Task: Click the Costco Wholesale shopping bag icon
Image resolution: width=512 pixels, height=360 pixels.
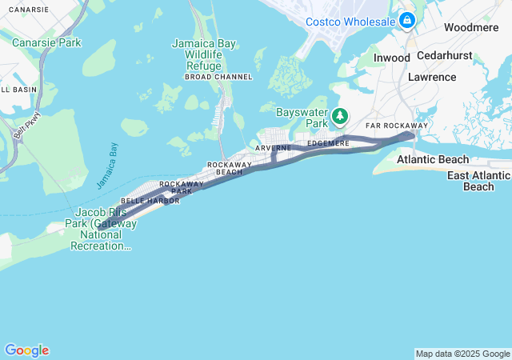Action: [x=407, y=20]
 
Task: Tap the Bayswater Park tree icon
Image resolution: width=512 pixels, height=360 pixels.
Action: [x=340, y=117]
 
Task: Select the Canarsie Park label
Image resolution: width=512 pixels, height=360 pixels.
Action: [x=46, y=42]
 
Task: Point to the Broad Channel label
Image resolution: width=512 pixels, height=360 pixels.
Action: [x=218, y=77]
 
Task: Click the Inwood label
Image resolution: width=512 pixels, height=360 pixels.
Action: [x=392, y=58]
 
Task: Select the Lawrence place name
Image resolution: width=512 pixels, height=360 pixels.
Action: [x=431, y=77]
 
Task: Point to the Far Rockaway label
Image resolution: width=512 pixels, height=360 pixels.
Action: [x=396, y=126]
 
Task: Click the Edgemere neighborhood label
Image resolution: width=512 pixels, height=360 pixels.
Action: [x=328, y=143]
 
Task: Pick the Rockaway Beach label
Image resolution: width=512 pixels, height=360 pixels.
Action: [x=230, y=168]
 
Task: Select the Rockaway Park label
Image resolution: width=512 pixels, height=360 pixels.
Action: [x=176, y=187]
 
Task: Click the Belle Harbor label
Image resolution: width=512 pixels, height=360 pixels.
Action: [x=145, y=201]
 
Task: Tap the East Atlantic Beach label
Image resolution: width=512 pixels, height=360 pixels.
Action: [x=478, y=181]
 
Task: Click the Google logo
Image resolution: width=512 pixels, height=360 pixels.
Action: [x=26, y=350]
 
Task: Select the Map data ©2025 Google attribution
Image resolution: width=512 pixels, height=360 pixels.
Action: [x=462, y=354]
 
